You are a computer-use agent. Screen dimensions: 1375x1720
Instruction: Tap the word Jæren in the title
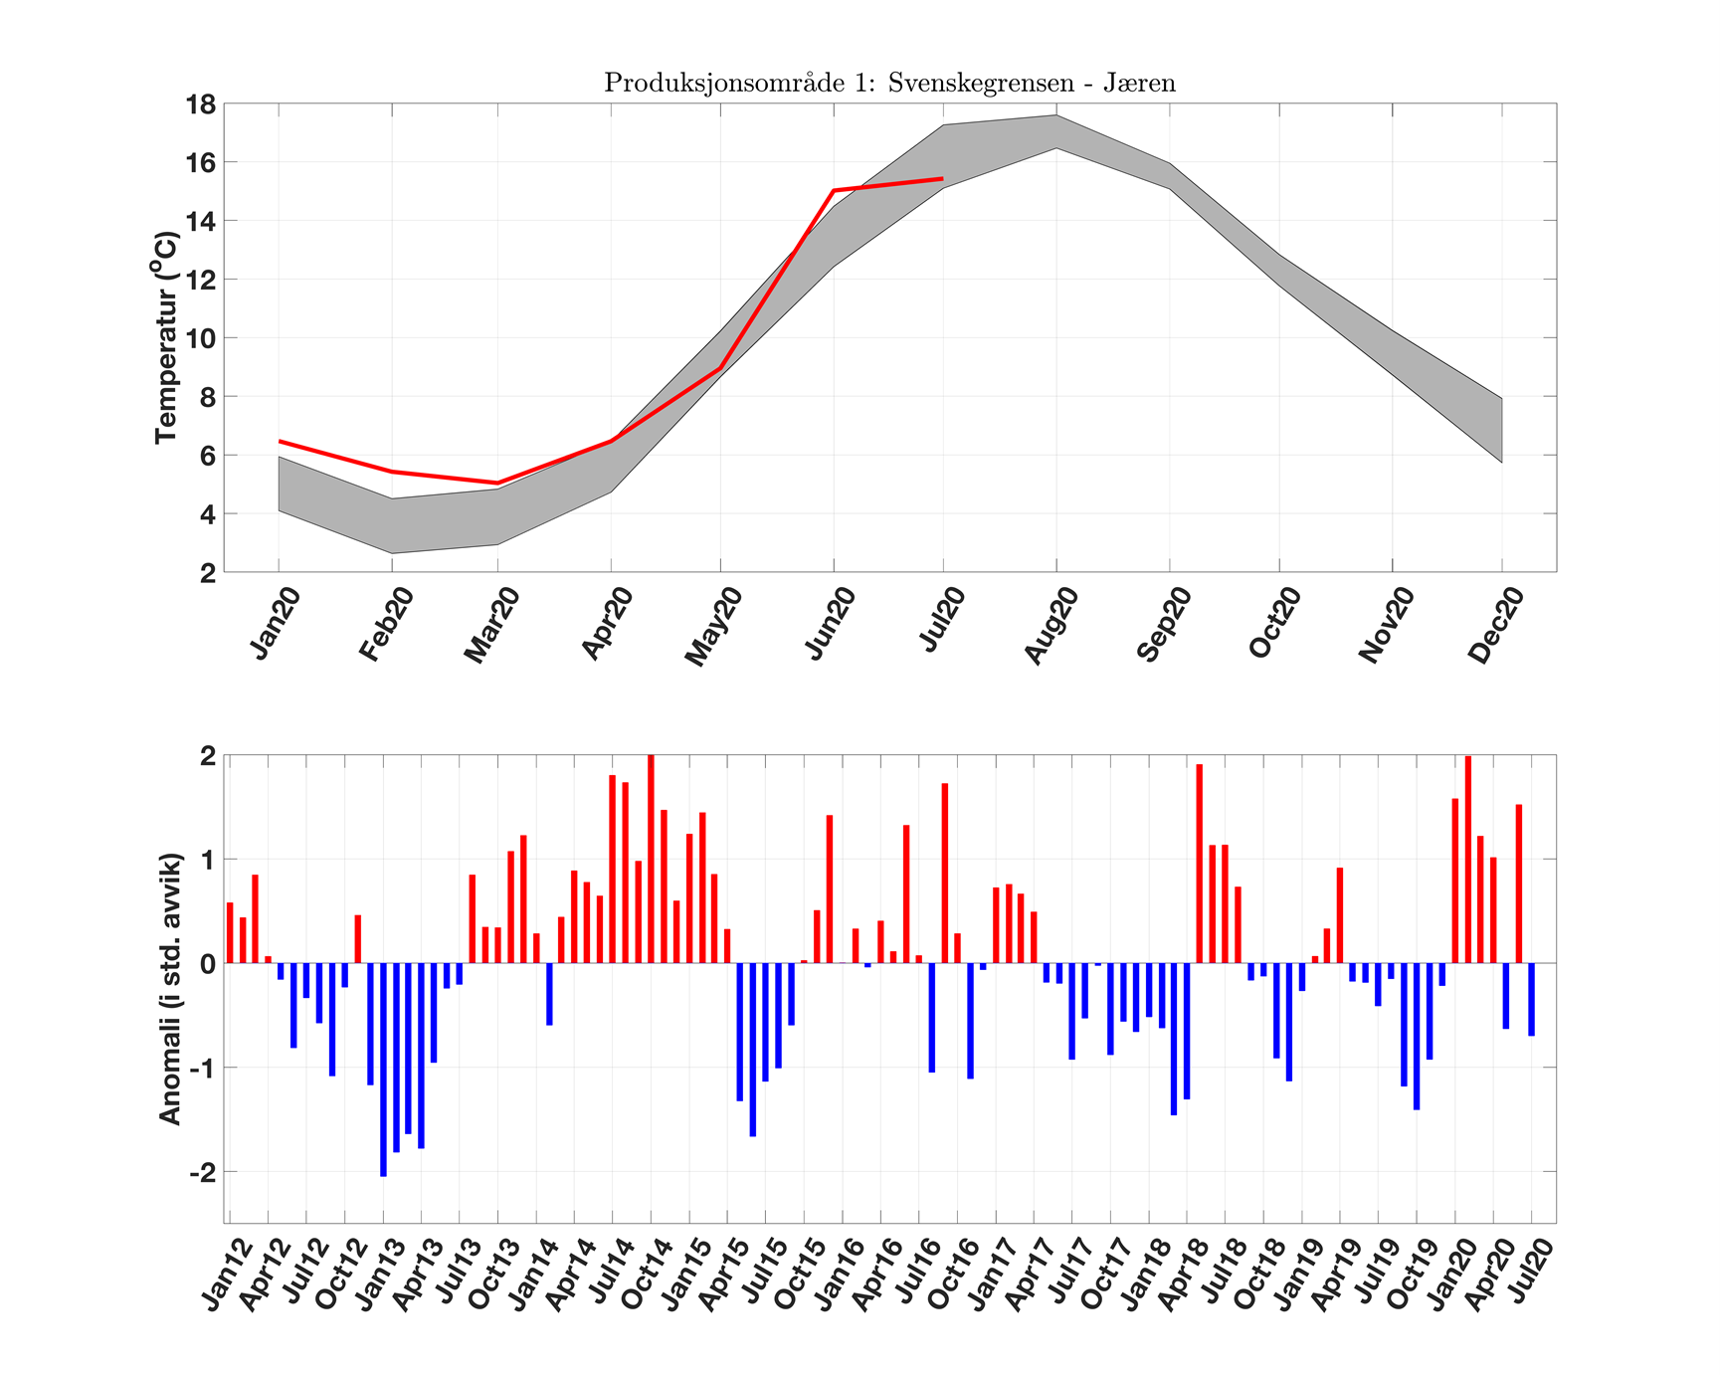click(x=1144, y=83)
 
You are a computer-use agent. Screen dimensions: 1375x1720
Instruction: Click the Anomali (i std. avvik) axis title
click(x=170, y=988)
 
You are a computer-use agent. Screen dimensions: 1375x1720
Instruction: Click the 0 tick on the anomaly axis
click(x=207, y=963)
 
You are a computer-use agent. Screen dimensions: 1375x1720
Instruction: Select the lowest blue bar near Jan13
click(x=383, y=1070)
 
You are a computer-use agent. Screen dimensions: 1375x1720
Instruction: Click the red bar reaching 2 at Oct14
click(x=651, y=859)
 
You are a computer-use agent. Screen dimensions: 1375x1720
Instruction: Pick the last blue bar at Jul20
click(x=1532, y=999)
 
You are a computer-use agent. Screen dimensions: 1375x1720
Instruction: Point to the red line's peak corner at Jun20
click(x=833, y=190)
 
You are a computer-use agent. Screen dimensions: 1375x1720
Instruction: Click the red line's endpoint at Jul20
click(x=942, y=179)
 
